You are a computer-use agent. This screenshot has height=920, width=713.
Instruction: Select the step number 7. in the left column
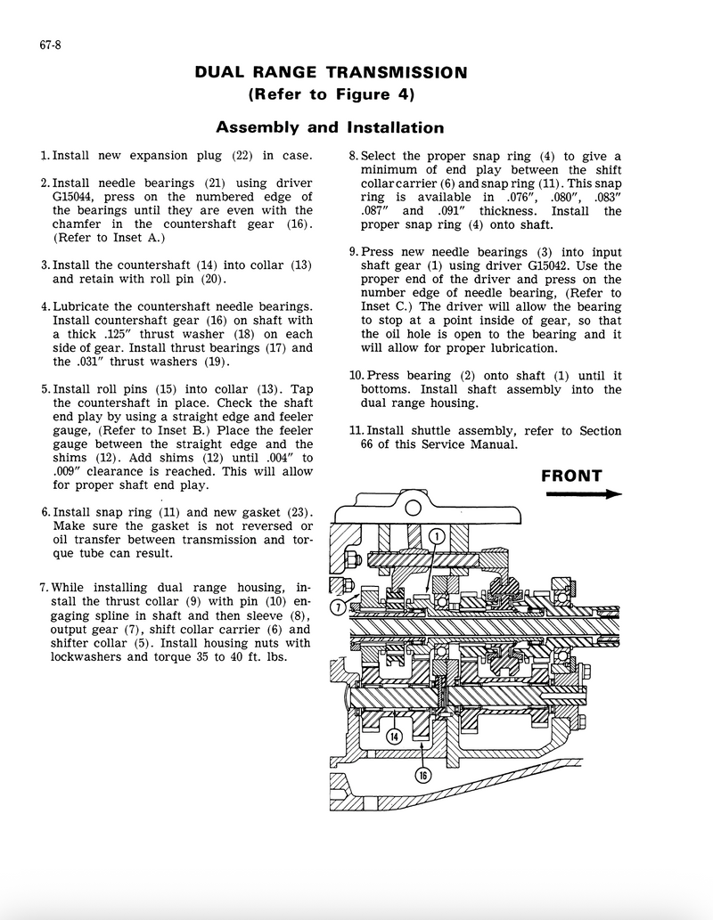[x=45, y=588]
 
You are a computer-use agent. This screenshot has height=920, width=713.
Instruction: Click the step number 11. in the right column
[x=356, y=431]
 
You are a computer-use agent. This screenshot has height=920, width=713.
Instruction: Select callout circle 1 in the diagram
[x=437, y=535]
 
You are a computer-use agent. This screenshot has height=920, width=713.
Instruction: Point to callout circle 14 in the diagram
[x=395, y=736]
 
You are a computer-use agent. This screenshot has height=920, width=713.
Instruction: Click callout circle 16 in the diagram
[x=423, y=775]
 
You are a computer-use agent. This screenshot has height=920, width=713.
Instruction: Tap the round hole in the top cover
[x=413, y=509]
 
